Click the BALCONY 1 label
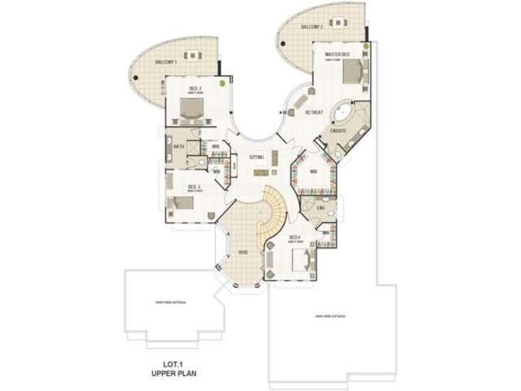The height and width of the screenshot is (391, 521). coord(166,62)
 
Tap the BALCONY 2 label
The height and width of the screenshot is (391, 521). coord(312,27)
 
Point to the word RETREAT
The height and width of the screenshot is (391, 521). coord(315,113)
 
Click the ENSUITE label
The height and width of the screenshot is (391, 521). coord(347,131)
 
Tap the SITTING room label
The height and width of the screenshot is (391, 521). coord(257,157)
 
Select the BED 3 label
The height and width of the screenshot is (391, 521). coord(193,186)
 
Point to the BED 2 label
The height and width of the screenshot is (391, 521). coord(195,89)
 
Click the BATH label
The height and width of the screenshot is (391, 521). coord(179,147)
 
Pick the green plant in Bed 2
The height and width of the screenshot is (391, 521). coord(223,83)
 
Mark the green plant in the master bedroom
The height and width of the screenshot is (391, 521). coord(367,47)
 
